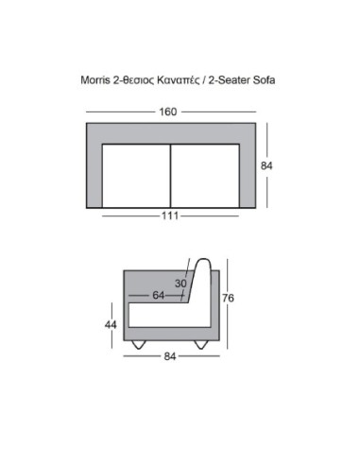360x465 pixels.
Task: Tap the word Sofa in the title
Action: [264, 79]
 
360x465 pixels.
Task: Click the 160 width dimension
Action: [168, 112]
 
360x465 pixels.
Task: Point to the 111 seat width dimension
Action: [170, 215]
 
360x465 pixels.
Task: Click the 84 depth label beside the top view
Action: [266, 165]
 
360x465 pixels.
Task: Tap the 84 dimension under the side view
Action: [170, 356]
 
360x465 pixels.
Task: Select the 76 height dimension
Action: [228, 298]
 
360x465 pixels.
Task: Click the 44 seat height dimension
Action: [111, 324]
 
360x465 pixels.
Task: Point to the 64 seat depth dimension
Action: [159, 295]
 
